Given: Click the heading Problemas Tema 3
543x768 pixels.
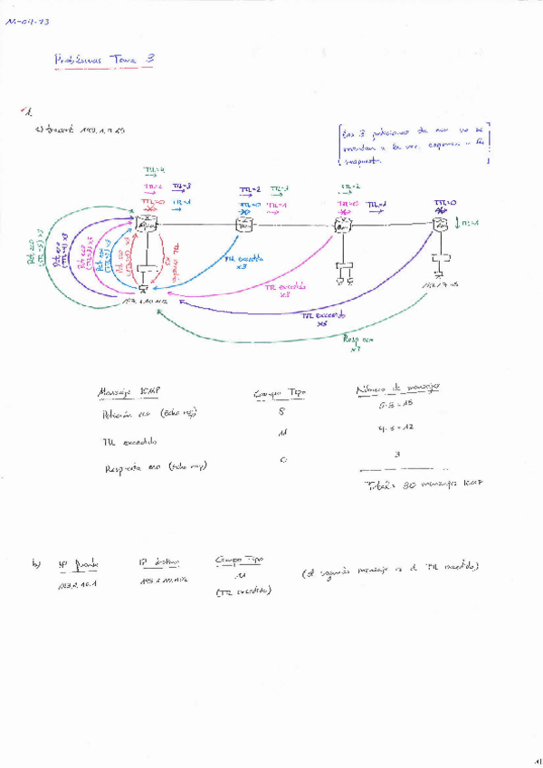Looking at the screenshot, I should [105, 59].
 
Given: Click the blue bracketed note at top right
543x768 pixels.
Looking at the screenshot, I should [414, 145].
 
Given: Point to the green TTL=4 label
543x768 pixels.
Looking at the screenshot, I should [154, 170].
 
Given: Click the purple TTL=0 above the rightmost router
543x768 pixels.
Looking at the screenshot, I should [443, 203].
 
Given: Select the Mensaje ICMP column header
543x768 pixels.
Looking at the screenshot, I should [129, 393].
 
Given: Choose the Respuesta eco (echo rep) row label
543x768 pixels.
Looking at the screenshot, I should [156, 467].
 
